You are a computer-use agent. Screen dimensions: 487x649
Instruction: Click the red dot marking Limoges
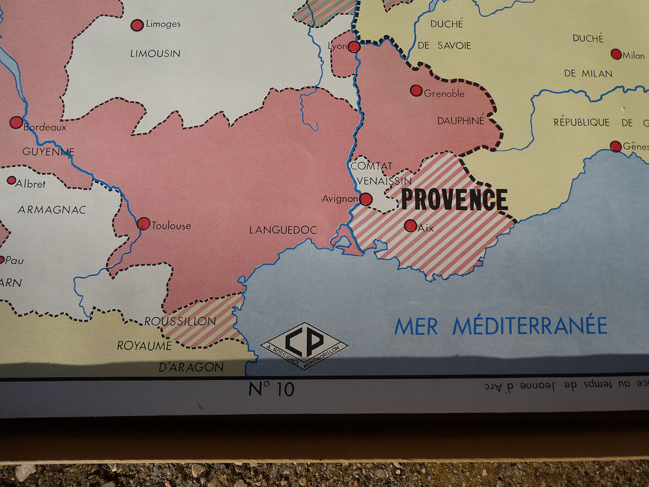coord(137,25)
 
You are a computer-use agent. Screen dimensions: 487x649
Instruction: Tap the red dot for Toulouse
coord(143,224)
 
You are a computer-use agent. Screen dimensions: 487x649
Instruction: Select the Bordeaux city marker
coord(16,122)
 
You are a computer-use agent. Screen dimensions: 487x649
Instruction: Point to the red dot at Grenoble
coord(416,90)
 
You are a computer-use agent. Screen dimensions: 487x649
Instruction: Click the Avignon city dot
coord(365,199)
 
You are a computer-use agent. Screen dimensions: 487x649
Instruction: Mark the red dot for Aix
coord(410,225)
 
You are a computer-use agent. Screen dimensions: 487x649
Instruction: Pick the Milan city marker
coord(616,54)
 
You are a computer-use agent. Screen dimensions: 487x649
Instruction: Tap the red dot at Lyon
coord(354,46)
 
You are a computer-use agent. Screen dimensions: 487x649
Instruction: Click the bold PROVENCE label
coord(454,199)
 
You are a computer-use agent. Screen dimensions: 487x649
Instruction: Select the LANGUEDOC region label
coord(283,230)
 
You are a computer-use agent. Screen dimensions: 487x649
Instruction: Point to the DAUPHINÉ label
coord(460,121)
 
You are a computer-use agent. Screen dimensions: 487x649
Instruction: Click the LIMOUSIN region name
coord(155,54)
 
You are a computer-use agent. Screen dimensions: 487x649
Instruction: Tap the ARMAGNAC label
coord(52,210)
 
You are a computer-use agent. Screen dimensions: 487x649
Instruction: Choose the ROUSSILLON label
coord(180,321)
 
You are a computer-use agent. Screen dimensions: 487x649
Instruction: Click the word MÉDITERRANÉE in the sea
coord(530,326)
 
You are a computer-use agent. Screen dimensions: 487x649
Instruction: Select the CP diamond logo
coord(304,345)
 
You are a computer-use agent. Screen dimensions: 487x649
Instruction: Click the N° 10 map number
coord(271,389)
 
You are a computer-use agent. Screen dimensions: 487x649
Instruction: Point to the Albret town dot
coord(11,181)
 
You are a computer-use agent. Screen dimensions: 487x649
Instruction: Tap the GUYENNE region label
coord(48,151)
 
